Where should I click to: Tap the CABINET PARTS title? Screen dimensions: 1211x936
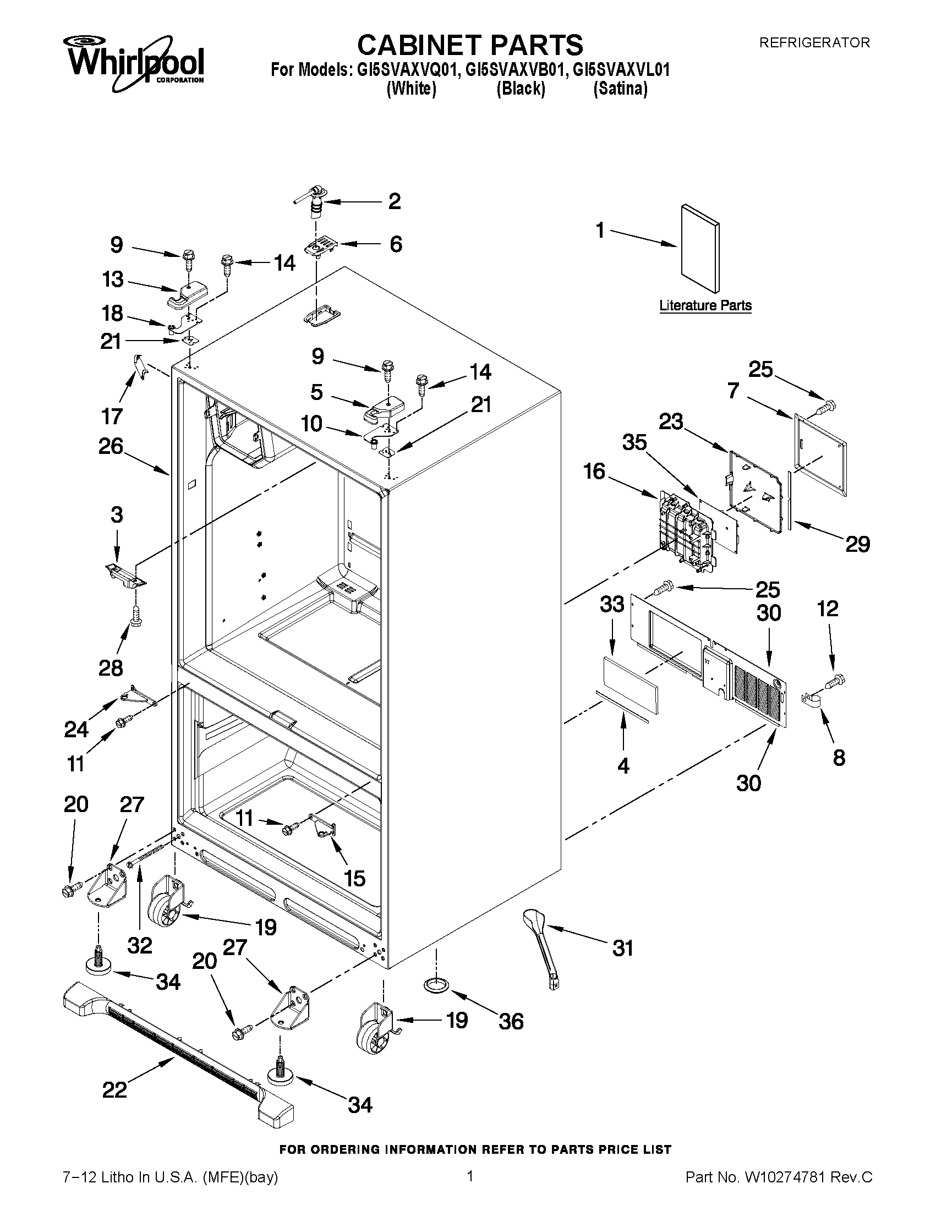(x=469, y=45)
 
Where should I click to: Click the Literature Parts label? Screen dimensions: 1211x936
(x=705, y=305)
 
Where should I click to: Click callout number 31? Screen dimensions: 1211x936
(x=622, y=948)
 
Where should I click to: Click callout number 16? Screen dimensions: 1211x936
(x=594, y=472)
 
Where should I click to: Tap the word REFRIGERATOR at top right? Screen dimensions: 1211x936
(x=814, y=42)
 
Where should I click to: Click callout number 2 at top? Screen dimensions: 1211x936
(x=394, y=201)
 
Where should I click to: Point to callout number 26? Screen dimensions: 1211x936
(x=111, y=446)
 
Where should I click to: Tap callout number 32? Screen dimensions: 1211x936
(x=139, y=945)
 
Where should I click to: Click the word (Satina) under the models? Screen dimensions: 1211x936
(x=620, y=89)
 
